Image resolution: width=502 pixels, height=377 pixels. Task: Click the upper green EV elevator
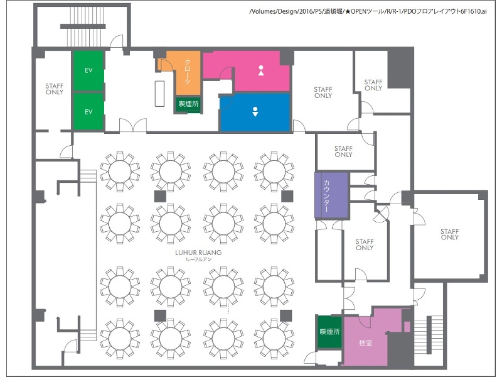[x=88, y=70]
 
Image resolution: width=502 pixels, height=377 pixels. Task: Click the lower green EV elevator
[x=88, y=111]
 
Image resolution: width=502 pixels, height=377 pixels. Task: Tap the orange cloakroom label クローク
[x=187, y=72]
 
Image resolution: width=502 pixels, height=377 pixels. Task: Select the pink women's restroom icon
[x=261, y=70]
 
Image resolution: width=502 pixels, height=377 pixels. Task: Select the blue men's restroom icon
[x=255, y=111]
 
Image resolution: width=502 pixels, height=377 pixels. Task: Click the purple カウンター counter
[x=331, y=195]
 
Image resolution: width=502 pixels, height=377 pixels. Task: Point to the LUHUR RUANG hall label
[x=198, y=253]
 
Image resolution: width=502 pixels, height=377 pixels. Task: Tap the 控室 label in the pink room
[x=365, y=343]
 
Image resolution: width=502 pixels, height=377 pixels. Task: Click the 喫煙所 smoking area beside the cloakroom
[x=188, y=104]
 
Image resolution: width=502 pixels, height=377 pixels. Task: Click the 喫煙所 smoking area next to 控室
[x=330, y=332]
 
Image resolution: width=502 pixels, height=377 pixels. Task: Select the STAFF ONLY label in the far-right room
[x=449, y=234]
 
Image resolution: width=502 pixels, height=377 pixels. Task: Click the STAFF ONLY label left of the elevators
[x=55, y=89]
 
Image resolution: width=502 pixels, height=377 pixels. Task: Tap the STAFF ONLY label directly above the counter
[x=343, y=151]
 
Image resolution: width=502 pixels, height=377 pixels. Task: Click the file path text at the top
[x=368, y=11]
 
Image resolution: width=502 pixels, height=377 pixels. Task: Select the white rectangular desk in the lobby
[x=159, y=94]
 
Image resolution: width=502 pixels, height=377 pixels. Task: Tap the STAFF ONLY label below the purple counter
[x=365, y=244]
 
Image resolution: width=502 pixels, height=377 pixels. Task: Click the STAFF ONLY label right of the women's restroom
[x=323, y=92]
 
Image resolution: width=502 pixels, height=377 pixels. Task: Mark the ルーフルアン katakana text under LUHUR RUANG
[x=198, y=260]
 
